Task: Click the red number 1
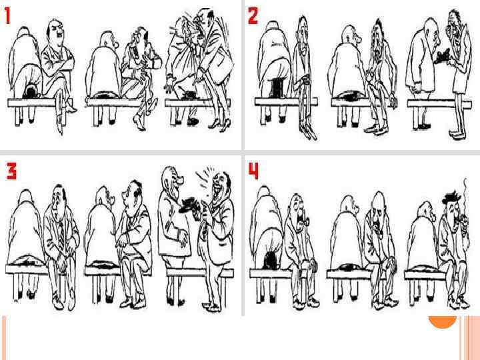click(x=7, y=16)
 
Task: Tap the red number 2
click(x=253, y=15)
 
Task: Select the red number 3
click(x=11, y=171)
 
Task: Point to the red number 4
click(x=253, y=171)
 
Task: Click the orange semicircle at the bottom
click(x=443, y=321)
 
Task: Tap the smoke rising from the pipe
click(x=465, y=196)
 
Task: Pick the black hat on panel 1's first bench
click(x=31, y=92)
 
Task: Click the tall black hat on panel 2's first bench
click(x=277, y=88)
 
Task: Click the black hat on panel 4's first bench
click(x=271, y=261)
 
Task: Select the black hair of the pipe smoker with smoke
click(x=451, y=197)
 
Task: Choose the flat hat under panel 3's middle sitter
click(x=105, y=264)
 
